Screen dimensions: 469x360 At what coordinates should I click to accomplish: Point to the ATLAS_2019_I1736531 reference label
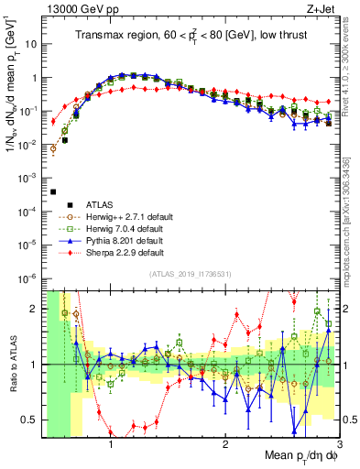191,274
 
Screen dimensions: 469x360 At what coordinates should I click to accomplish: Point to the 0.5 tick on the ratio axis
32,420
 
